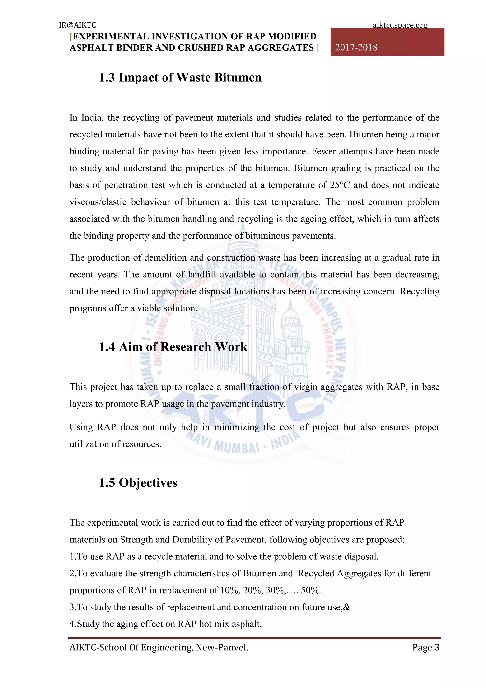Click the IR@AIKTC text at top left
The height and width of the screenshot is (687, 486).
(77, 25)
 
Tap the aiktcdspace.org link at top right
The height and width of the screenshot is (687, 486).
(400, 25)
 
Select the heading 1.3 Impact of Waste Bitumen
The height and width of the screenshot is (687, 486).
(180, 78)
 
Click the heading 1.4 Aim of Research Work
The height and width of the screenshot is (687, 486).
(173, 347)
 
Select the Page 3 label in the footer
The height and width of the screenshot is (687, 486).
(425, 648)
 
